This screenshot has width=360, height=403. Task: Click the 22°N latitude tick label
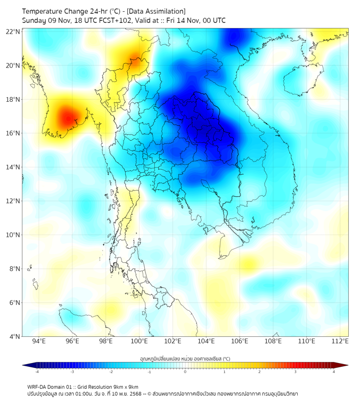[x=13, y=31]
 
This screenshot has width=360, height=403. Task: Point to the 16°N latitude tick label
[x=13, y=133]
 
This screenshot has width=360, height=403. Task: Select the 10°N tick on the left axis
[x=13, y=235]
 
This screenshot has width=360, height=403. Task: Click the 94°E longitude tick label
[x=39, y=341]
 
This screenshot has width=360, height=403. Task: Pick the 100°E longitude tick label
[x=140, y=341]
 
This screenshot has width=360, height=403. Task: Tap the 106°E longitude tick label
[x=240, y=341]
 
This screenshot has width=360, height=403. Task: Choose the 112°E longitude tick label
[x=340, y=341]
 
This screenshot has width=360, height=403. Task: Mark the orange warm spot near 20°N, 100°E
[x=137, y=63]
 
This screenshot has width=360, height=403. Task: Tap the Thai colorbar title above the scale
[x=185, y=358]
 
